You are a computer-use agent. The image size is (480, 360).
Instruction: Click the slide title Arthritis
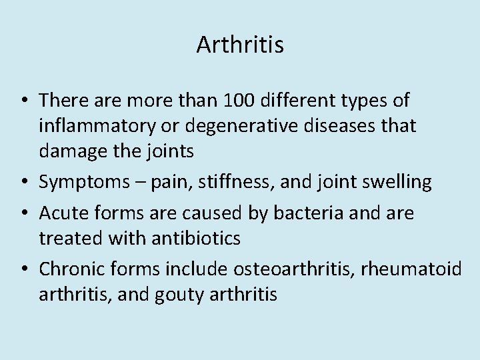coord(240,45)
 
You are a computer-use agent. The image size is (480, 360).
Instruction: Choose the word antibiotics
coord(199,238)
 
